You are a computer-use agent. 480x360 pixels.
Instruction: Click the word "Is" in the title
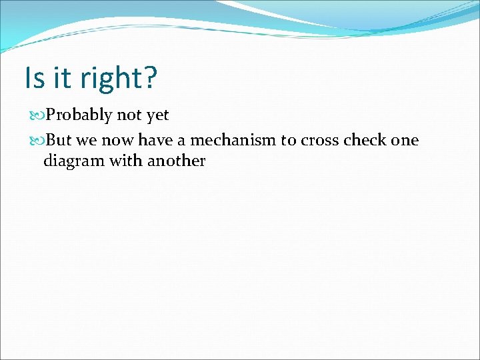[34, 78]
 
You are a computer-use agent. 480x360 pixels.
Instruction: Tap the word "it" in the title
[62, 78]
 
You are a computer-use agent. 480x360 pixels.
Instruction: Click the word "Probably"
[79, 116]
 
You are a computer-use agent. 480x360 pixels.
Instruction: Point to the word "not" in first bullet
[129, 115]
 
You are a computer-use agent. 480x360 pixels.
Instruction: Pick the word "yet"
[158, 116]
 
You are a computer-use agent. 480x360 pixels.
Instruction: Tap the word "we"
[87, 141]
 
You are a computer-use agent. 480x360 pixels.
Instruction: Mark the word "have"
[155, 141]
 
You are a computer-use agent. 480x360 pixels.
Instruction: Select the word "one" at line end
[405, 141]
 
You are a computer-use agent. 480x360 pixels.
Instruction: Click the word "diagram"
[71, 161]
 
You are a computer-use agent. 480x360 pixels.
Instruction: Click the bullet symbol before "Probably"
[37, 116]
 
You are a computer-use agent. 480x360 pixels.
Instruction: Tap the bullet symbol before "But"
[37, 141]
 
